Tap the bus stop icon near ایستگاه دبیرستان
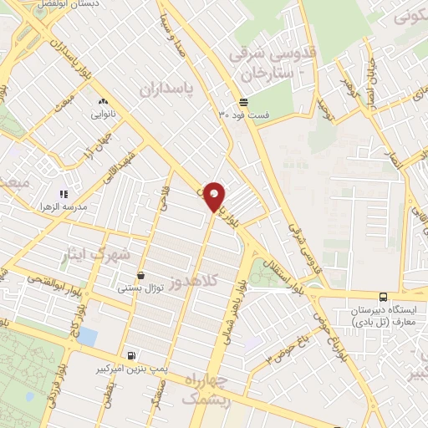click(383, 296)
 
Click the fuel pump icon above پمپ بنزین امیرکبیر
click(130, 355)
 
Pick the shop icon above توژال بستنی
click(140, 275)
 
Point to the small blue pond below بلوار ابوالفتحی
click(87, 336)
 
